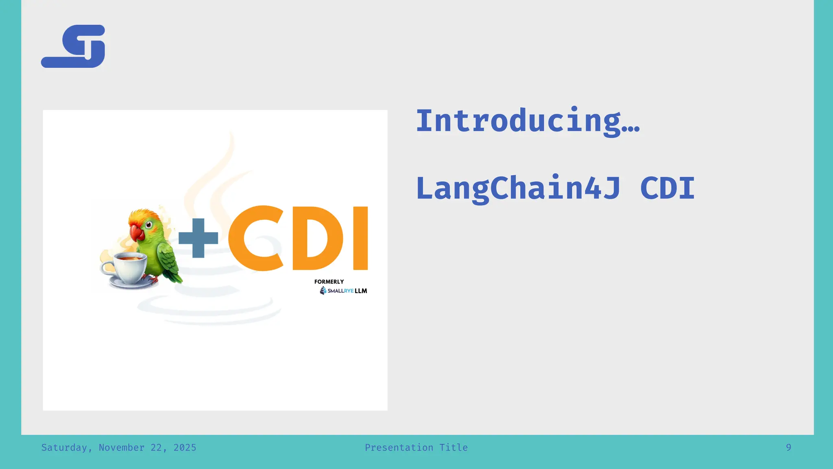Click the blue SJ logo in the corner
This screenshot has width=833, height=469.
pyautogui.click(x=73, y=46)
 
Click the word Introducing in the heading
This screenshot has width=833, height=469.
pyautogui.click(x=518, y=121)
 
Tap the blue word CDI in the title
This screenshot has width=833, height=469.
pyautogui.click(x=667, y=188)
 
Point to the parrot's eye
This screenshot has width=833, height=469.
pyautogui.click(x=149, y=224)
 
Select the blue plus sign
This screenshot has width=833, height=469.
pyautogui.click(x=198, y=238)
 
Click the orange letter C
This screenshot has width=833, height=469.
pyautogui.click(x=255, y=238)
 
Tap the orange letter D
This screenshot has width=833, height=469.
pyautogui.click(x=316, y=238)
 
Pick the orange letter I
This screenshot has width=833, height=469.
pyautogui.click(x=360, y=238)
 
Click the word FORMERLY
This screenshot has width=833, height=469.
pyautogui.click(x=329, y=282)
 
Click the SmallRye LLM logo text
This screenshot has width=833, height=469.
pyautogui.click(x=347, y=291)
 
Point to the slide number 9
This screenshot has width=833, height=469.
pyautogui.click(x=788, y=447)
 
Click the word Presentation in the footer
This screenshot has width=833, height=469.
pyautogui.click(x=399, y=447)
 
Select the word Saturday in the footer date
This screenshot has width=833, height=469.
pyautogui.click(x=64, y=447)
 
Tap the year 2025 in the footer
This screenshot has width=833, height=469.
pyautogui.click(x=185, y=447)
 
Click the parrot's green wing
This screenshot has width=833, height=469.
pyautogui.click(x=168, y=261)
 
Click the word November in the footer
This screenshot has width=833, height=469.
pyautogui.click(x=121, y=447)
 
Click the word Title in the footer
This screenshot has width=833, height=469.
pyautogui.click(x=454, y=447)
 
